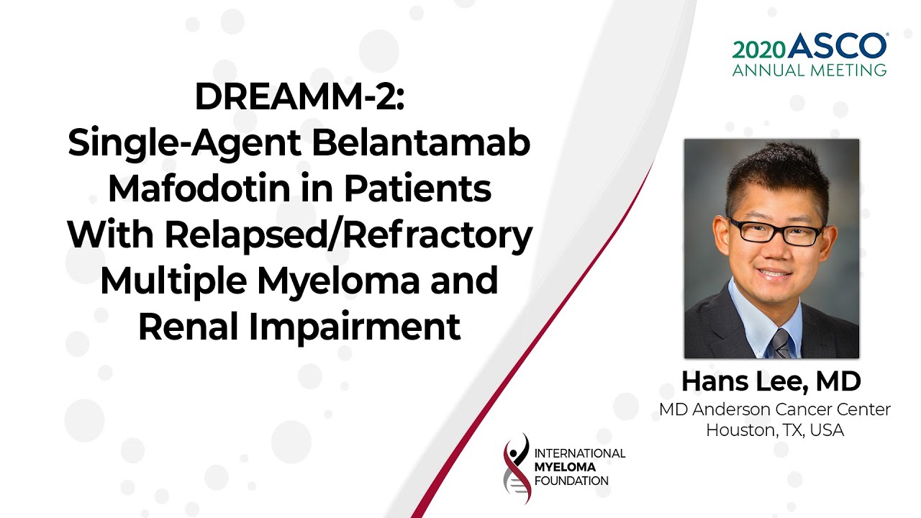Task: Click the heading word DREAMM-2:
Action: (x=299, y=96)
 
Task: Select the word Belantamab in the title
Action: (x=421, y=142)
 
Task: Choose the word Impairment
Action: (x=355, y=327)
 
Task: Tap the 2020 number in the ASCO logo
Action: (x=759, y=50)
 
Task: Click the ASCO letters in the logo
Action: (x=838, y=45)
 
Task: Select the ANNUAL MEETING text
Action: (x=809, y=71)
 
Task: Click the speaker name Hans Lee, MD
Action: (x=771, y=381)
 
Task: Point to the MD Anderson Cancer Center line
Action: (x=775, y=409)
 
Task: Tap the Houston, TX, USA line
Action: (x=775, y=430)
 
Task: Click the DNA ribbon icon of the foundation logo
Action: (x=517, y=468)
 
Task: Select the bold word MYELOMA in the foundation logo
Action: (x=565, y=467)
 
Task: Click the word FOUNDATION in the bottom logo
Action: (x=571, y=481)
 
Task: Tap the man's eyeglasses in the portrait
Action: (x=776, y=232)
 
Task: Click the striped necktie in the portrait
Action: (x=781, y=344)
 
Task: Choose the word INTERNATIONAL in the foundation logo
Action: (x=580, y=453)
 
